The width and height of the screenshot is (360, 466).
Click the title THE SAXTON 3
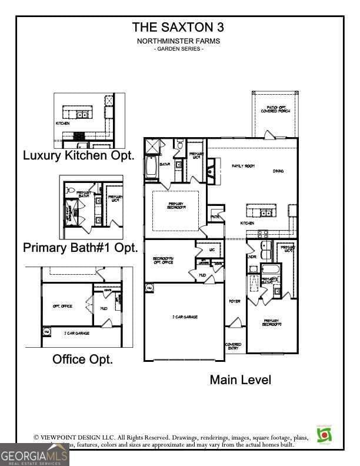point(178,26)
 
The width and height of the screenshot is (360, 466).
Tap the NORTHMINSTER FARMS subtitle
point(178,41)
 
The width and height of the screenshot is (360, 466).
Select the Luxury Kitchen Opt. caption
point(79,156)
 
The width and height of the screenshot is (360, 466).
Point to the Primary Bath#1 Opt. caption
point(81,248)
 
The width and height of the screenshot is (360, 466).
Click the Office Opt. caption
point(83,359)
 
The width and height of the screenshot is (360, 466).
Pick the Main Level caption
point(241,380)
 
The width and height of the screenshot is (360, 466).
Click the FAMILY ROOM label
point(243,167)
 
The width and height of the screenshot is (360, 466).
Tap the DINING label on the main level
point(278,171)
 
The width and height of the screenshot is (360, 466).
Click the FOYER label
point(234,301)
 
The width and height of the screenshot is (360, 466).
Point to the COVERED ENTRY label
point(233,346)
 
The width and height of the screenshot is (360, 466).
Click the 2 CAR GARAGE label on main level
point(185,317)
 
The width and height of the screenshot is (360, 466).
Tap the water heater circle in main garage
point(149,288)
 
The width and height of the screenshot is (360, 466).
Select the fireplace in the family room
point(211,171)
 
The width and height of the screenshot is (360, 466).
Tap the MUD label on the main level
point(202,275)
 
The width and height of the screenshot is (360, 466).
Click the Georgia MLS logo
point(34,455)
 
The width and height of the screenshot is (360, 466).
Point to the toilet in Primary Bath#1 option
point(69,190)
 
